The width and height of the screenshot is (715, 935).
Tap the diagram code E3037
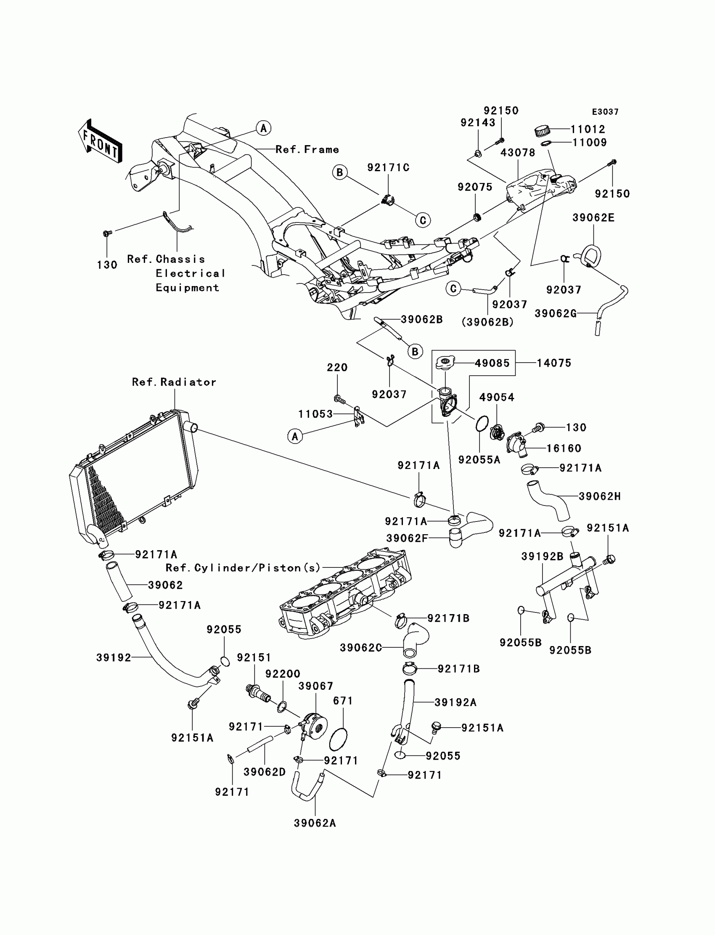tap(605, 112)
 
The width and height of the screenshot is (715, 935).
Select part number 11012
tap(588, 129)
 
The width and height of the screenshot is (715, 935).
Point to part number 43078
tap(517, 152)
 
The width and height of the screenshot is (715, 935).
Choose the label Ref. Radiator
tap(174, 382)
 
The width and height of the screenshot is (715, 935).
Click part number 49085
tap(492, 363)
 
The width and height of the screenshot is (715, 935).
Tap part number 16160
tap(564, 448)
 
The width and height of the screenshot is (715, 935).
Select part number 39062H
tap(600, 496)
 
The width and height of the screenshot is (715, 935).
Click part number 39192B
tap(542, 556)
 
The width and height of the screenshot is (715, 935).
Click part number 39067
tap(316, 686)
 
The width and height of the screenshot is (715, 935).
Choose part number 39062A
tap(315, 823)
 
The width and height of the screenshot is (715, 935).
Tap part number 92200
tap(283, 674)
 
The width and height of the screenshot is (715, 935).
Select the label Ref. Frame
tap(307, 149)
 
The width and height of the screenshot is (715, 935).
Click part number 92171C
tap(388, 168)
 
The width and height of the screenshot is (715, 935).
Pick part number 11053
tap(315, 414)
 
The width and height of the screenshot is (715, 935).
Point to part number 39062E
tap(593, 218)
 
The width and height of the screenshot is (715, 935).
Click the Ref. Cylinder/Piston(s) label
tap(243, 568)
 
